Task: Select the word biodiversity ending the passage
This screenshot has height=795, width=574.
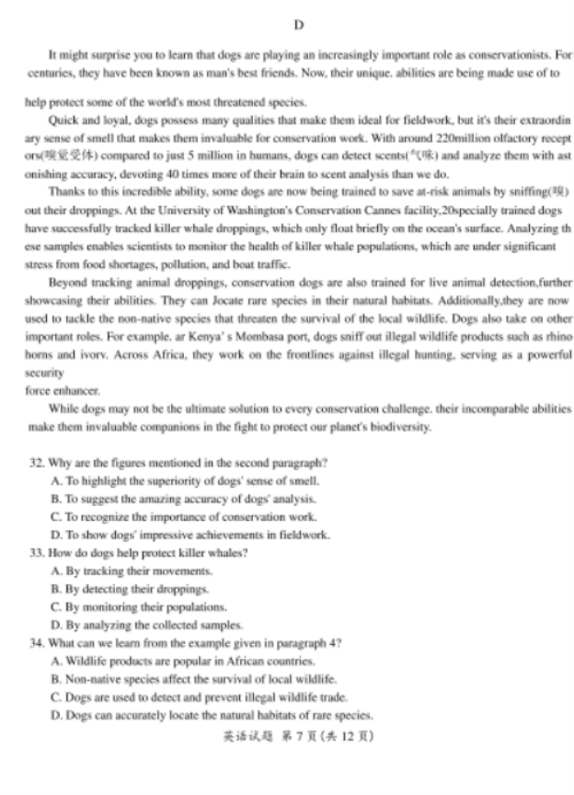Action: tap(402, 427)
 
